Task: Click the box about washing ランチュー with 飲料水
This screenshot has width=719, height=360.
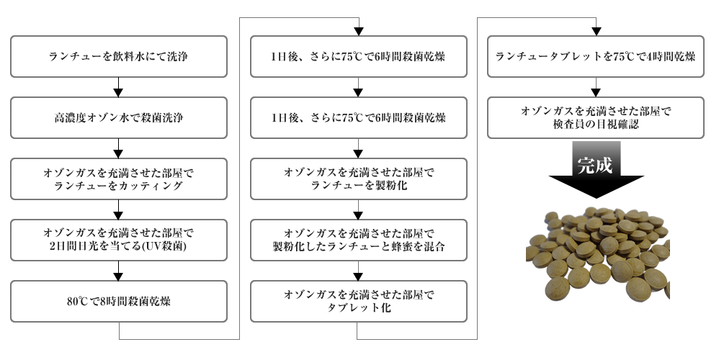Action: click(x=120, y=56)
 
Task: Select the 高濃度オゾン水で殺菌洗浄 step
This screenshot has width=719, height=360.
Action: click(x=120, y=117)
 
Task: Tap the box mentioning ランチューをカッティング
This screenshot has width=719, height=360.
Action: click(x=120, y=179)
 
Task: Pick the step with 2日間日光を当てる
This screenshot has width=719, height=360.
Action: click(x=120, y=240)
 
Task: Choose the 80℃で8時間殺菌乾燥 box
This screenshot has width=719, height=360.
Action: click(x=120, y=301)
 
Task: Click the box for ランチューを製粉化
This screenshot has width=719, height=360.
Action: click(x=358, y=179)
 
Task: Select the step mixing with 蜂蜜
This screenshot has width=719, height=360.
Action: click(x=358, y=240)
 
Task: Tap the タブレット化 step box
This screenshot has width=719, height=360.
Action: click(x=358, y=301)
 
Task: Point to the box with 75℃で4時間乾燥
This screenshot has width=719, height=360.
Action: click(x=596, y=56)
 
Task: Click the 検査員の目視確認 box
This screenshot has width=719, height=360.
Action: click(x=596, y=117)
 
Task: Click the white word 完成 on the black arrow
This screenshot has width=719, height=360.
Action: click(x=595, y=164)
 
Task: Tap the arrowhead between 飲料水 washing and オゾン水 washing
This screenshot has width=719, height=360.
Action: click(x=120, y=91)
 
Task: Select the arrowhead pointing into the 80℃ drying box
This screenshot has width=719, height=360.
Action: click(x=120, y=275)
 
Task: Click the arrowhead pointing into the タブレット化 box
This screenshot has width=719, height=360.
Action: click(x=358, y=275)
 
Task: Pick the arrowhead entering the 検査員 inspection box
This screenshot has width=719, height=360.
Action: click(x=596, y=91)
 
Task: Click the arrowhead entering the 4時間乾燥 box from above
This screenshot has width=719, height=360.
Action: click(x=596, y=31)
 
